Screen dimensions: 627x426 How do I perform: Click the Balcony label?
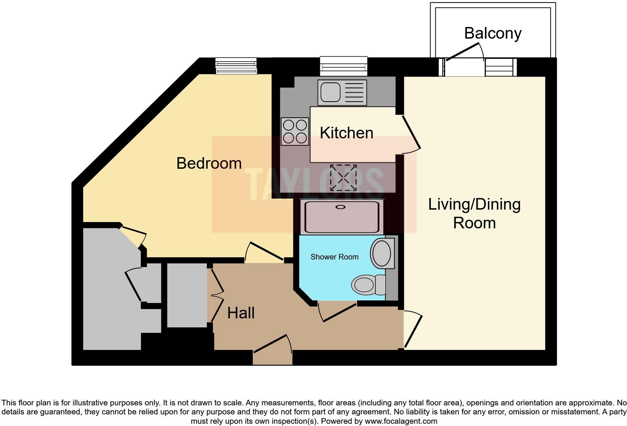tap(493, 34)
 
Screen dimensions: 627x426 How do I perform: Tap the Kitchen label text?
tap(346, 133)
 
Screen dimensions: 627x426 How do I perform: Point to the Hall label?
tap(241, 313)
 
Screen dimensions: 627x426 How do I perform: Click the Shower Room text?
tap(334, 257)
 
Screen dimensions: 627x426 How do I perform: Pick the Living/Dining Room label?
tap(474, 213)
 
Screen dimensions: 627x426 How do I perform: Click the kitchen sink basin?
tap(331, 92)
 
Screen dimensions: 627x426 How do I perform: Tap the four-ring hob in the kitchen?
tap(295, 131)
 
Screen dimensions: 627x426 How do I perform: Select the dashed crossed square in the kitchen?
tap(343, 178)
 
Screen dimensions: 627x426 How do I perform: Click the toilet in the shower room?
tap(368, 285)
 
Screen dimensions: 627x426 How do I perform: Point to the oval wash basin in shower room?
tap(381, 253)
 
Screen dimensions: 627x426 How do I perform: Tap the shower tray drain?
tap(340, 207)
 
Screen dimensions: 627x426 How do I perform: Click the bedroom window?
tap(236, 66)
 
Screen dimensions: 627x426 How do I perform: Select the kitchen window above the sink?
tap(343, 66)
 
